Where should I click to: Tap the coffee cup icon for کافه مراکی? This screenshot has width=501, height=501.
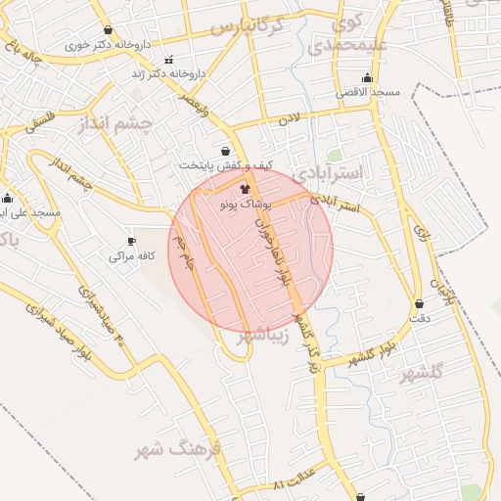click(132, 241)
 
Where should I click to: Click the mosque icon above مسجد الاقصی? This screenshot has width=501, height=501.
click(368, 77)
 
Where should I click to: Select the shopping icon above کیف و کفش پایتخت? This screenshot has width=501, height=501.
click(226, 152)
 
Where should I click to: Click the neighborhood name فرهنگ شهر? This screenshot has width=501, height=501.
click(181, 451)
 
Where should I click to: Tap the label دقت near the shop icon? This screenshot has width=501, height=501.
click(419, 319)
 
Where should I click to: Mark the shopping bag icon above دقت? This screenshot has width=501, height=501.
click(420, 304)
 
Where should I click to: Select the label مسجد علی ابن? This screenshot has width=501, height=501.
click(31, 211)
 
